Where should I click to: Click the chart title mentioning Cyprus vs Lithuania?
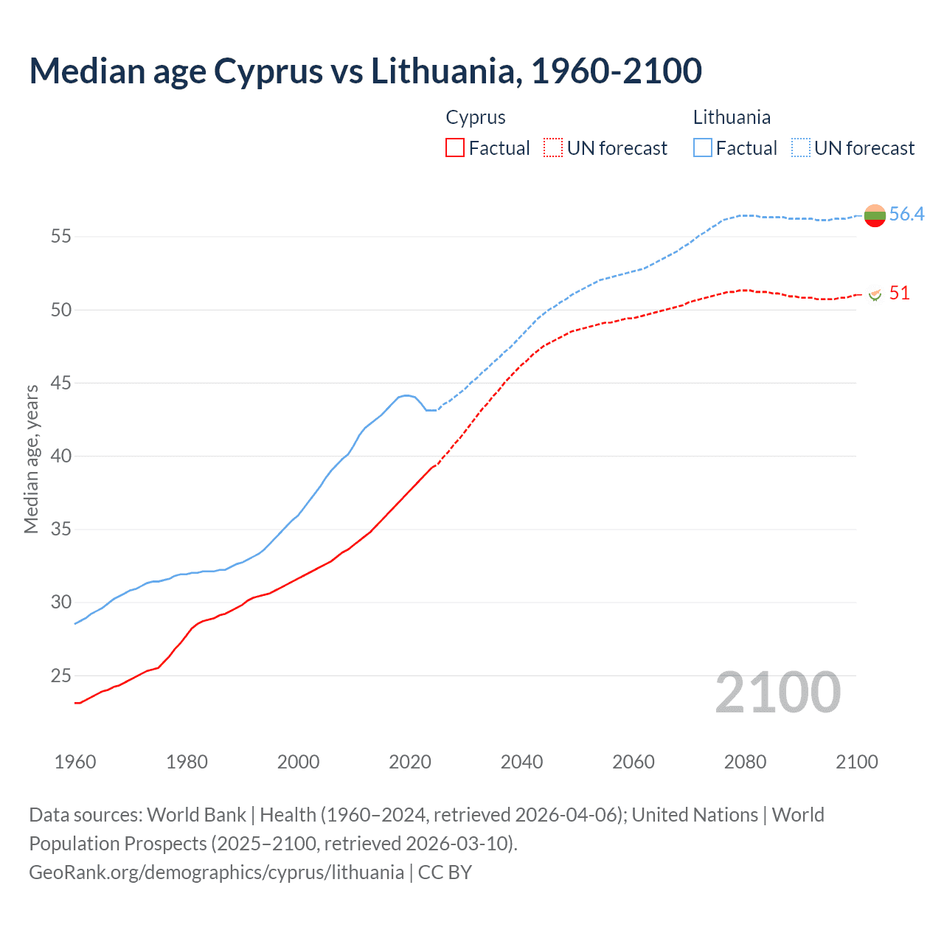(x=365, y=72)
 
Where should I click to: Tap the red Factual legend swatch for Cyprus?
(x=455, y=147)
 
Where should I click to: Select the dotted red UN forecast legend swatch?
(x=553, y=147)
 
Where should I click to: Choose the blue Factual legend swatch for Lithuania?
(x=703, y=147)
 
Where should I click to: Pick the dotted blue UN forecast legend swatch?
(x=801, y=147)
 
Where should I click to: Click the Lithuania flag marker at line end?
(x=875, y=215)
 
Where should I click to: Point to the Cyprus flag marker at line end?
(x=875, y=294)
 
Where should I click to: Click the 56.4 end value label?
(x=906, y=215)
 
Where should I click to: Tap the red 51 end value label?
(x=899, y=294)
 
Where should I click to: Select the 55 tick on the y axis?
(x=60, y=237)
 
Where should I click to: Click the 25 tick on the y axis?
(x=60, y=676)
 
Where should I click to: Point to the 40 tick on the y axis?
(x=60, y=457)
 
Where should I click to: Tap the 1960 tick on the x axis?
(x=75, y=762)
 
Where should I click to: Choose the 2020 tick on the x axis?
(x=410, y=762)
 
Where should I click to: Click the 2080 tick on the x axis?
(x=745, y=762)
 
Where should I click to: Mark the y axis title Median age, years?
(x=31, y=459)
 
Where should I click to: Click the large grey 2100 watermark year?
(x=777, y=693)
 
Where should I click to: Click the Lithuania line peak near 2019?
(x=406, y=395)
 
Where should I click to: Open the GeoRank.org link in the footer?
(x=216, y=872)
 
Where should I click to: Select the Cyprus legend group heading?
(x=476, y=117)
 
